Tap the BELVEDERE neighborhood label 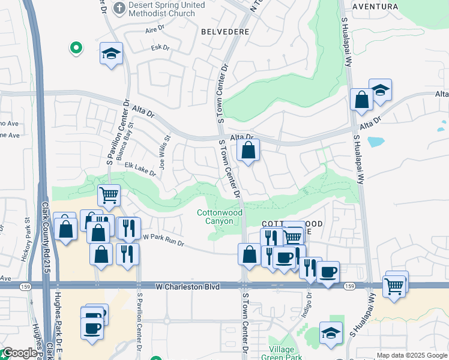coord(225,31)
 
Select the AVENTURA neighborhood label coord(375,7)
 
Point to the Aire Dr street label coord(155,29)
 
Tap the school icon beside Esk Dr coord(111,54)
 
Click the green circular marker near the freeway coord(76,47)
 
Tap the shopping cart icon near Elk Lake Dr coord(109,194)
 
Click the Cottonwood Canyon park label coord(220,217)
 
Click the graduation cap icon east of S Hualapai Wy coord(380,90)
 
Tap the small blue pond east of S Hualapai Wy coord(376,142)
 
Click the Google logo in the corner coord(19,353)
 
